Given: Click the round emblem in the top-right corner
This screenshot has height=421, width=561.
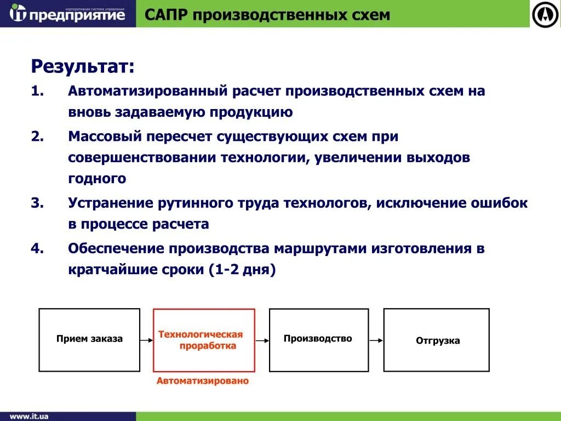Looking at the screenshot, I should tap(545, 14).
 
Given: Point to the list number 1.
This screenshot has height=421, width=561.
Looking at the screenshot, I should tap(37, 91).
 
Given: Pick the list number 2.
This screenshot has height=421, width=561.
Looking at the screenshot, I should tap(37, 136).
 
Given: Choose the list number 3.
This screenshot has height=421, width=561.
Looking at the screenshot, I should tap(37, 203).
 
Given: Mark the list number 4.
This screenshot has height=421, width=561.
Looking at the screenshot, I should tap(37, 248).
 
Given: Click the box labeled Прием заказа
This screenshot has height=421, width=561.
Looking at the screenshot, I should tap(89, 340).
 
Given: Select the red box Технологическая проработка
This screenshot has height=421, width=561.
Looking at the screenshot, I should tap(204, 340).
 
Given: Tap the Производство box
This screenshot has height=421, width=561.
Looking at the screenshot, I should tap(318, 339).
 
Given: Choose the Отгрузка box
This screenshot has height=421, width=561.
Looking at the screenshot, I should tap(437, 340).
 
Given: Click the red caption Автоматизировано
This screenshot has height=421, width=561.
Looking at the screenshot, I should tap(203, 381).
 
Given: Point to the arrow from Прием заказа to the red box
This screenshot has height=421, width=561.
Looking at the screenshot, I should tap(146, 340).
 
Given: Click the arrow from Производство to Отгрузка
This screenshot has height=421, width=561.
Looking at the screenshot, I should tap(376, 340).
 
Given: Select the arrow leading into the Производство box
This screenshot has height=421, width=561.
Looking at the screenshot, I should tap(262, 340).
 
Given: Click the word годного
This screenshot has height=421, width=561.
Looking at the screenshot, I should tap(98, 179).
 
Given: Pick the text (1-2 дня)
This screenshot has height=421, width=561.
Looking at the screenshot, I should tap(242, 270).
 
